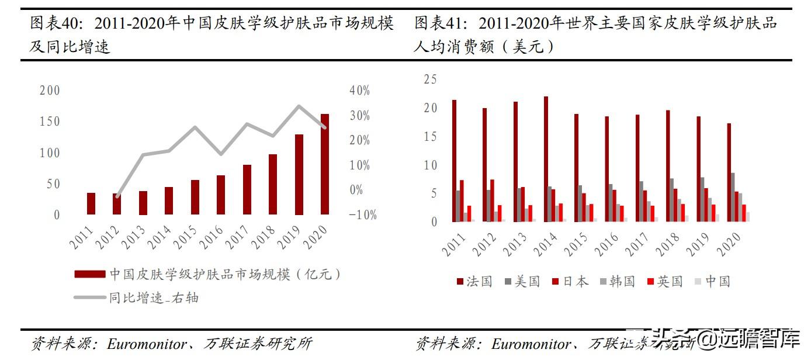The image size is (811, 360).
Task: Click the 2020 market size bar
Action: [325, 164]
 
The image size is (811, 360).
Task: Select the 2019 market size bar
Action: [299, 175]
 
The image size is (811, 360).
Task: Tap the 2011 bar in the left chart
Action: [91, 203]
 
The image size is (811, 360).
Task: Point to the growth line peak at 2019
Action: [299, 106]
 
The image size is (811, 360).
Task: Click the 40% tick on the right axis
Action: [359, 91]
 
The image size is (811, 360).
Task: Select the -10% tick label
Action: [362, 215]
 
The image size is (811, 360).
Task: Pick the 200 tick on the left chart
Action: [50, 91]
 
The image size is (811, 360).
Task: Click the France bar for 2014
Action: [546, 159]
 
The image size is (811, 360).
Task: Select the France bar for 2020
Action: [729, 172]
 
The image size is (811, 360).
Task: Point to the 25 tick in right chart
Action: [430, 79]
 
